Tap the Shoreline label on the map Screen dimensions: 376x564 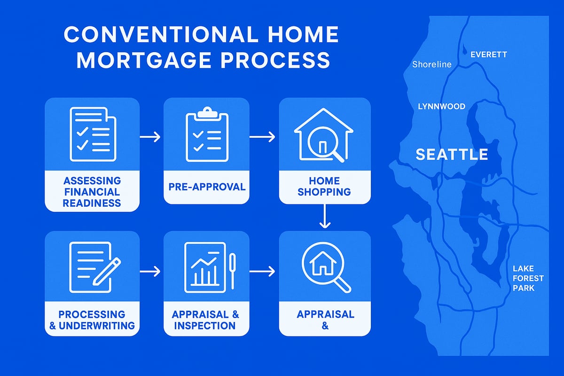point(431,64)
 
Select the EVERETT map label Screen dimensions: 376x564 point(489,55)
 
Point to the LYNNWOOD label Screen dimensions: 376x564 point(441,107)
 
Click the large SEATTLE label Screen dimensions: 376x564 point(452,155)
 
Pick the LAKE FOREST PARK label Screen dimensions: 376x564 point(528,278)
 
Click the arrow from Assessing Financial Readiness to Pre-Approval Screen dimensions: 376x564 point(150,137)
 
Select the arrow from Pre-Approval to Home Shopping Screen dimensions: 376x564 point(262,137)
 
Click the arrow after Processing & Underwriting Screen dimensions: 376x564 point(150,271)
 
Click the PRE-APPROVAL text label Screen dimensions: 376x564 point(207,187)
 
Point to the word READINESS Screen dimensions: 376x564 point(92,203)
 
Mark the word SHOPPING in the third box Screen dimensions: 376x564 point(324,192)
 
